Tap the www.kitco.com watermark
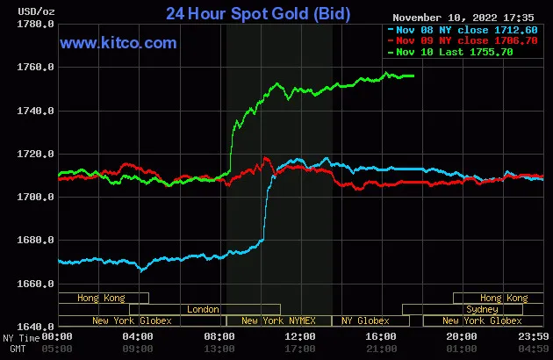[118, 43]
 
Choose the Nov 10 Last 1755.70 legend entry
[453, 52]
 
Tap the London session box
[204, 309]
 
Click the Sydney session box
[483, 309]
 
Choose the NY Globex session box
[366, 320]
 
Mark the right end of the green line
[413, 76]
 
